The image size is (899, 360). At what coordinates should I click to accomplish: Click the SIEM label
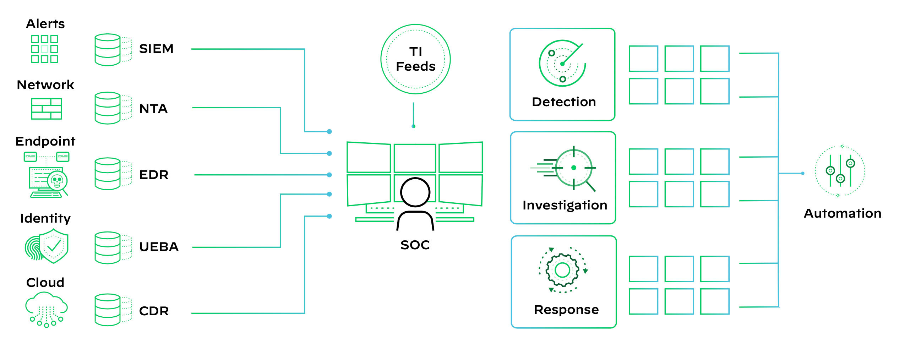[x=156, y=49]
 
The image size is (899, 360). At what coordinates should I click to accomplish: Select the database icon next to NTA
[x=108, y=108]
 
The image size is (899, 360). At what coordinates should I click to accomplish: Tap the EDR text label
[x=154, y=175]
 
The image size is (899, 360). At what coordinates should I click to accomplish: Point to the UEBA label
[x=159, y=247]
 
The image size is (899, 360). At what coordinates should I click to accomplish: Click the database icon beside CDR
[x=108, y=310]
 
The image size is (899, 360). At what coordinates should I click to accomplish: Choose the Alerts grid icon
[x=44, y=49]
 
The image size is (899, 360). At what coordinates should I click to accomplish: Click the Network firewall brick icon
[x=47, y=109]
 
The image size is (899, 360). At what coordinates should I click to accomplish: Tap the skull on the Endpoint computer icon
[x=57, y=181]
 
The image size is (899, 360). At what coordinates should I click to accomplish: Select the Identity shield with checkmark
[x=53, y=246]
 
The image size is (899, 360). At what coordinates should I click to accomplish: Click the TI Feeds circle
[x=415, y=59]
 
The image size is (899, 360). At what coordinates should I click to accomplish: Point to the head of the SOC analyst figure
[x=415, y=192]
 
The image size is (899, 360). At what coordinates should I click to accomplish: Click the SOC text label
[x=415, y=245]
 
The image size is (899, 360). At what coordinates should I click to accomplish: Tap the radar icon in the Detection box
[x=562, y=63]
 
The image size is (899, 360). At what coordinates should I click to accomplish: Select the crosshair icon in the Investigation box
[x=573, y=168]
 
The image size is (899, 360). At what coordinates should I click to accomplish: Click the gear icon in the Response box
[x=562, y=270]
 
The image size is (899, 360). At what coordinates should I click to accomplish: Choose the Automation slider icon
[x=840, y=171]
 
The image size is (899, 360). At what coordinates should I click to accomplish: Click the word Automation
[x=843, y=213]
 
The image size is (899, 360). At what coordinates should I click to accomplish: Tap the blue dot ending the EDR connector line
[x=329, y=175]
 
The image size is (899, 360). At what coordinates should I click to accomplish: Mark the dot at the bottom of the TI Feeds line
[x=413, y=126]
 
